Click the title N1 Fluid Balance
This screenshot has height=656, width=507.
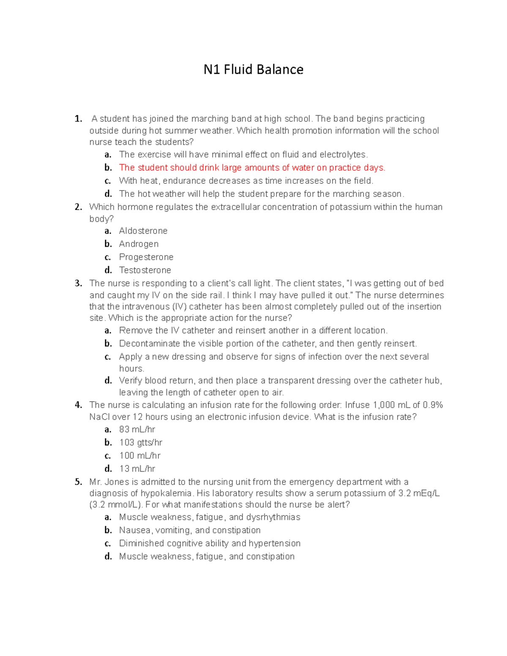pos(253,70)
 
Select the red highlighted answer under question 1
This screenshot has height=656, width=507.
pos(252,168)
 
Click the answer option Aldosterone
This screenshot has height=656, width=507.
pos(143,231)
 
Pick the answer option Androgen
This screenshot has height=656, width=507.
pos(139,244)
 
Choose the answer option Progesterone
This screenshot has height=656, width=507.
pos(146,257)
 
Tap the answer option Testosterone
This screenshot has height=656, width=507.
pos(145,270)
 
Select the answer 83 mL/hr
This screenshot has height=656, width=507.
pos(137,430)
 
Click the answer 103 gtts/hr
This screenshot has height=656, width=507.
pos(140,443)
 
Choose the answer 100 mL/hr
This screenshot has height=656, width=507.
pos(139,456)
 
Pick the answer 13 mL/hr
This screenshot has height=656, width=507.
pos(137,469)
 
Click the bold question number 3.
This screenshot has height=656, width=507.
pos(78,283)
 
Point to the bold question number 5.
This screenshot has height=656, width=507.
pos(78,482)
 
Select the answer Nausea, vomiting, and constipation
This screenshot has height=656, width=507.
pos(190,530)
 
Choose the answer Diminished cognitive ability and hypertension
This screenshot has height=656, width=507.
pos(210,543)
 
